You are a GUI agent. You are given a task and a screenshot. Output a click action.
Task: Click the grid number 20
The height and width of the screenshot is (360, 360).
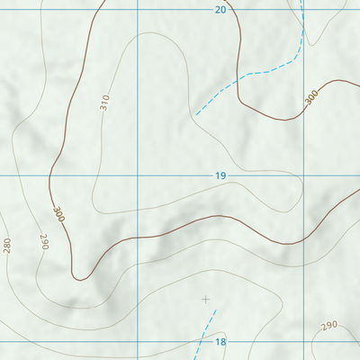click(x=220, y=10)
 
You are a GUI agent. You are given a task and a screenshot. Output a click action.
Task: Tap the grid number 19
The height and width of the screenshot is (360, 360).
click(x=220, y=175)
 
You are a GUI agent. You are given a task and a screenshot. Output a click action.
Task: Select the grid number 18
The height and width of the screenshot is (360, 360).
click(x=220, y=342)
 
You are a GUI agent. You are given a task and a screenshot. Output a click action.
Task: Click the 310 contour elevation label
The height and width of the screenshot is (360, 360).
click(x=104, y=103)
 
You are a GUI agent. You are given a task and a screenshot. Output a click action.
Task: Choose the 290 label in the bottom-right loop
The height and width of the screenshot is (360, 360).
click(x=328, y=325)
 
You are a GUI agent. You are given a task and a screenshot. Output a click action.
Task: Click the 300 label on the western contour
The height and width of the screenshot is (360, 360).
click(x=58, y=214)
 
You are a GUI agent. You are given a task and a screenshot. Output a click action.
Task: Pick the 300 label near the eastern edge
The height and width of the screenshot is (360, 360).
click(x=311, y=97)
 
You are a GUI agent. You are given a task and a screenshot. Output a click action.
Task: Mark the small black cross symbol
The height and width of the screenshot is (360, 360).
click(x=206, y=299)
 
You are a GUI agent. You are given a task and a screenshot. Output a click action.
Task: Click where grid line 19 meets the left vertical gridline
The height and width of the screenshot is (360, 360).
click(x=137, y=175)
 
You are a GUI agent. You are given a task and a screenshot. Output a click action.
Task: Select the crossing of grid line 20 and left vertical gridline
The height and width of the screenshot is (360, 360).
click(x=137, y=10)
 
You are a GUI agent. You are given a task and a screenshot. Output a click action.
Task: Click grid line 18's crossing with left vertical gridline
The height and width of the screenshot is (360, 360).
click(x=137, y=342)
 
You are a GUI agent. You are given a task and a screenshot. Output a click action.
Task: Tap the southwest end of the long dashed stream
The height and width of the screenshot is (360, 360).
click(x=195, y=114)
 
